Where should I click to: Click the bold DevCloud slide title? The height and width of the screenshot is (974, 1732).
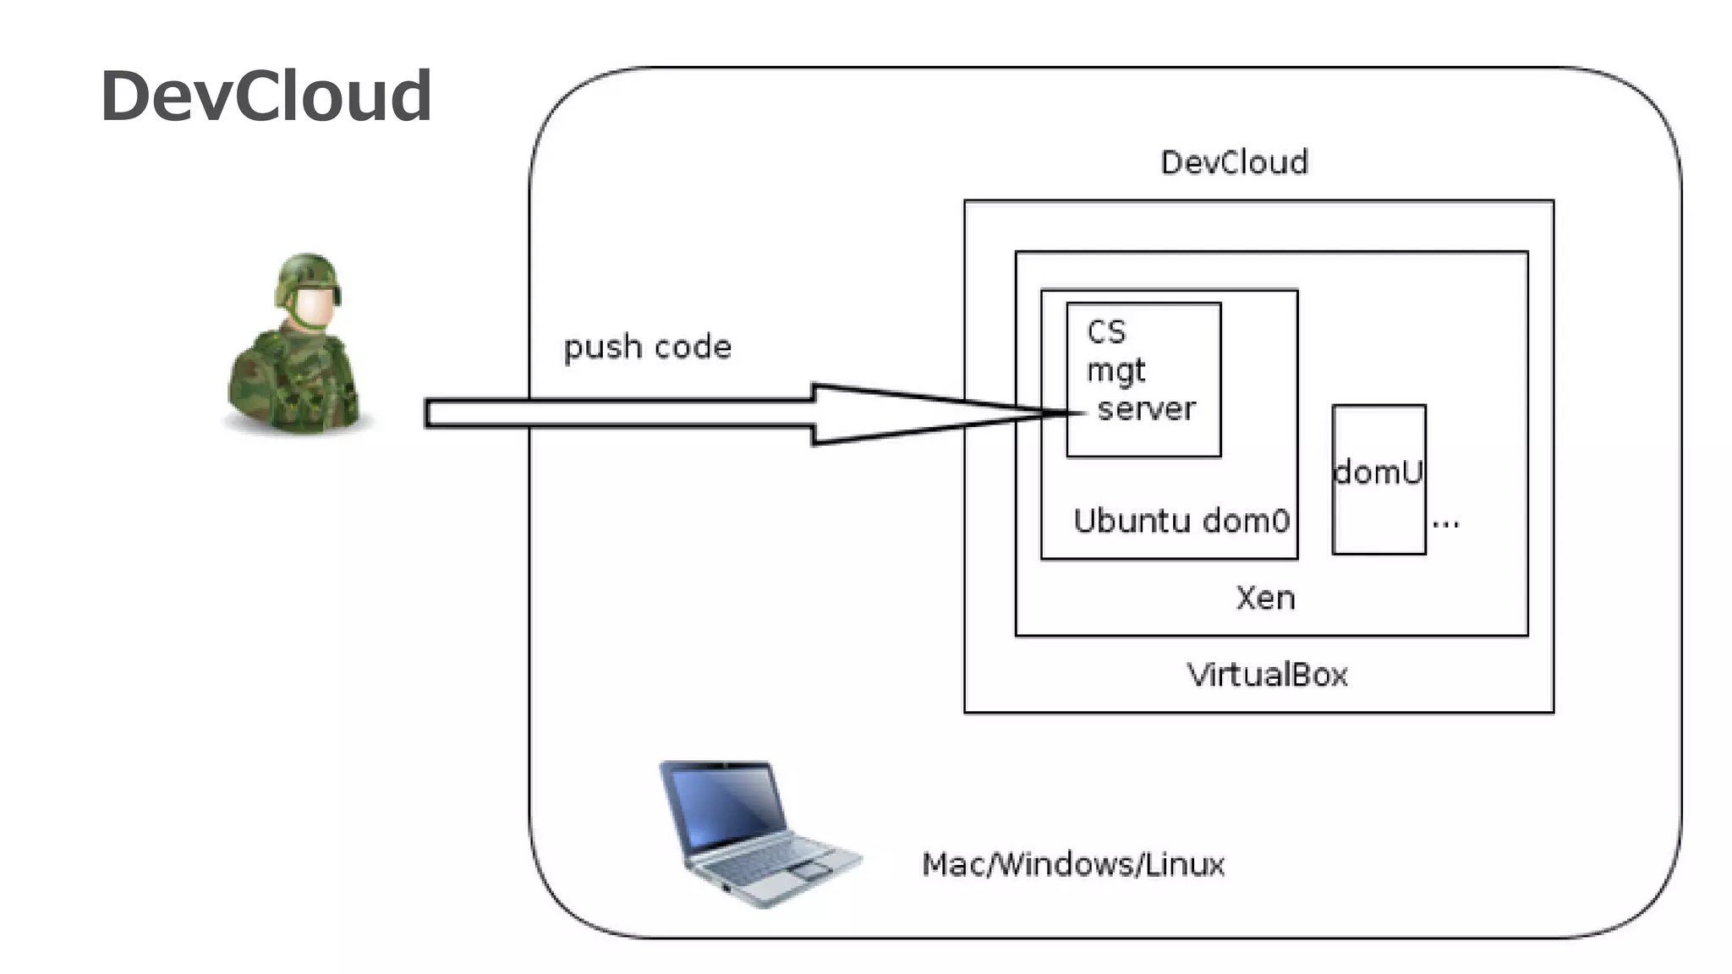266,96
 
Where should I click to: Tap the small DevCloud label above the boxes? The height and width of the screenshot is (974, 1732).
1234,162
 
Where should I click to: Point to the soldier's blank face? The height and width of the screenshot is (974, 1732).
312,307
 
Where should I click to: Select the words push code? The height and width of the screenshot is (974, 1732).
648,347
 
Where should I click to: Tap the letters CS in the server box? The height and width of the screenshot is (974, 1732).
1106,331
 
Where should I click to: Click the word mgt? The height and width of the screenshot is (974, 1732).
1115,371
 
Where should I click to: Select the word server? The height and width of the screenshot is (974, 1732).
1146,409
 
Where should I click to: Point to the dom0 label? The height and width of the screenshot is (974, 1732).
1246,521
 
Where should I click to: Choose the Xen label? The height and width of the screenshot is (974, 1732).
1265,599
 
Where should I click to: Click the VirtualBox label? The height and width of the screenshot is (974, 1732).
1267,675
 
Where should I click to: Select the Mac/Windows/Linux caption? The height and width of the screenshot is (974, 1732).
1072,864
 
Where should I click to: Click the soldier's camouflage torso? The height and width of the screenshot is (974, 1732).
294,385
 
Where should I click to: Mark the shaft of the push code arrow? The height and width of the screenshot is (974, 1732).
617,413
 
